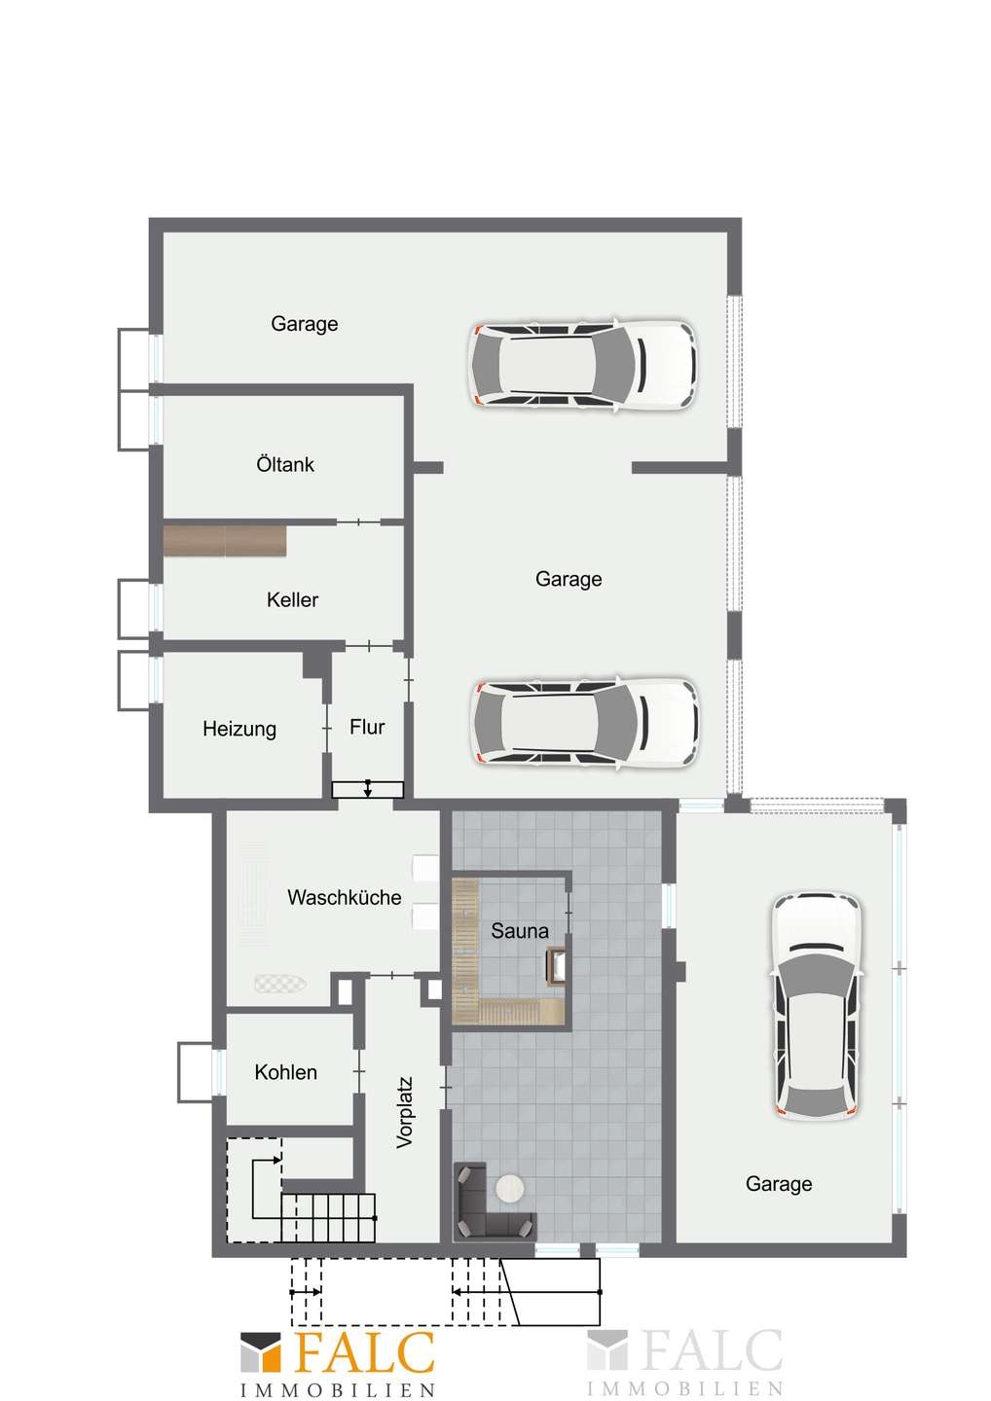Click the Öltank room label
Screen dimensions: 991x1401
tap(285, 464)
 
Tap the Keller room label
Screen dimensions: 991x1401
tap(292, 599)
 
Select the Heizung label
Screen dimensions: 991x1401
tap(239, 729)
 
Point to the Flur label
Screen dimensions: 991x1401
tap(367, 727)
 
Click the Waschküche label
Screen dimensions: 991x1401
tap(344, 897)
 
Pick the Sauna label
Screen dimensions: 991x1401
tap(519, 931)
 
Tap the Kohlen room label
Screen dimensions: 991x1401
tap(285, 1072)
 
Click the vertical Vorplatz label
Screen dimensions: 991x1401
tap(405, 1112)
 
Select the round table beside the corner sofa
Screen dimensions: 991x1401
tap(510, 1188)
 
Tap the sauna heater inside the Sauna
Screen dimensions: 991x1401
tap(555, 967)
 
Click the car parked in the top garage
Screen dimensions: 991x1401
tap(582, 365)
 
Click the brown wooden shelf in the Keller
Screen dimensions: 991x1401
tap(225, 541)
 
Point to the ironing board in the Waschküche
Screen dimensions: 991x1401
tap(279, 984)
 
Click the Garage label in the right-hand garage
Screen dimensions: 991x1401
tap(779, 1184)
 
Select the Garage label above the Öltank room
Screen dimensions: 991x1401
tap(304, 324)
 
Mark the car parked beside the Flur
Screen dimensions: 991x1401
tap(585, 723)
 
